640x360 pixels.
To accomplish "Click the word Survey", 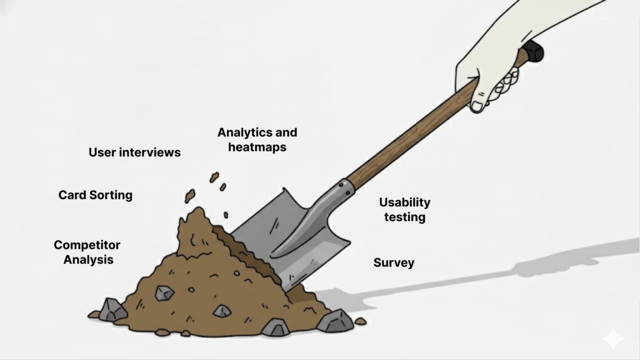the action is pyautogui.click(x=394, y=263).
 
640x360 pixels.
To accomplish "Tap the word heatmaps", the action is pyautogui.click(x=257, y=147).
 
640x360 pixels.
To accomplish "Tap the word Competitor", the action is pyautogui.click(x=87, y=245).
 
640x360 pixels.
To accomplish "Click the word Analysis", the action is pyautogui.click(x=88, y=259).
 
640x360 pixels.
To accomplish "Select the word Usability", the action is pyautogui.click(x=404, y=202).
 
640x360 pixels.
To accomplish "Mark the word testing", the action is pyautogui.click(x=404, y=217).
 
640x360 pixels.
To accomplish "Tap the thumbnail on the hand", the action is pyautogui.click(x=477, y=107).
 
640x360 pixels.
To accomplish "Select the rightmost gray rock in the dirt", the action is pyautogui.click(x=336, y=321).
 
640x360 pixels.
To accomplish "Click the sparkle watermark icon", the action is pyautogui.click(x=614, y=338).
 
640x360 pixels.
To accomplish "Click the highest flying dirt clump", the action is pyautogui.click(x=214, y=177).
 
